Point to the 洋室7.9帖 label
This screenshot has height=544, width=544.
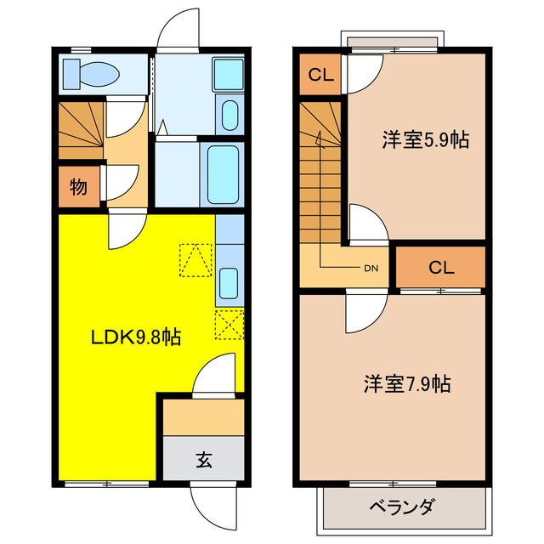click(x=407, y=383)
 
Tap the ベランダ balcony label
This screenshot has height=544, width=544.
click(x=402, y=507)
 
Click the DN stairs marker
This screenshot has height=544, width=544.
click(x=371, y=269)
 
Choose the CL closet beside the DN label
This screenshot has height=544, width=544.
click(x=440, y=268)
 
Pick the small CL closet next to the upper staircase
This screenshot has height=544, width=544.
click(x=320, y=75)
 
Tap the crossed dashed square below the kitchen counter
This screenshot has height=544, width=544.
click(x=229, y=326)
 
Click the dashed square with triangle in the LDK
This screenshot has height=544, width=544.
click(x=195, y=260)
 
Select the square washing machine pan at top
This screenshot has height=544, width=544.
click(x=228, y=73)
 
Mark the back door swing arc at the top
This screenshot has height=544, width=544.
click(x=176, y=31)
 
